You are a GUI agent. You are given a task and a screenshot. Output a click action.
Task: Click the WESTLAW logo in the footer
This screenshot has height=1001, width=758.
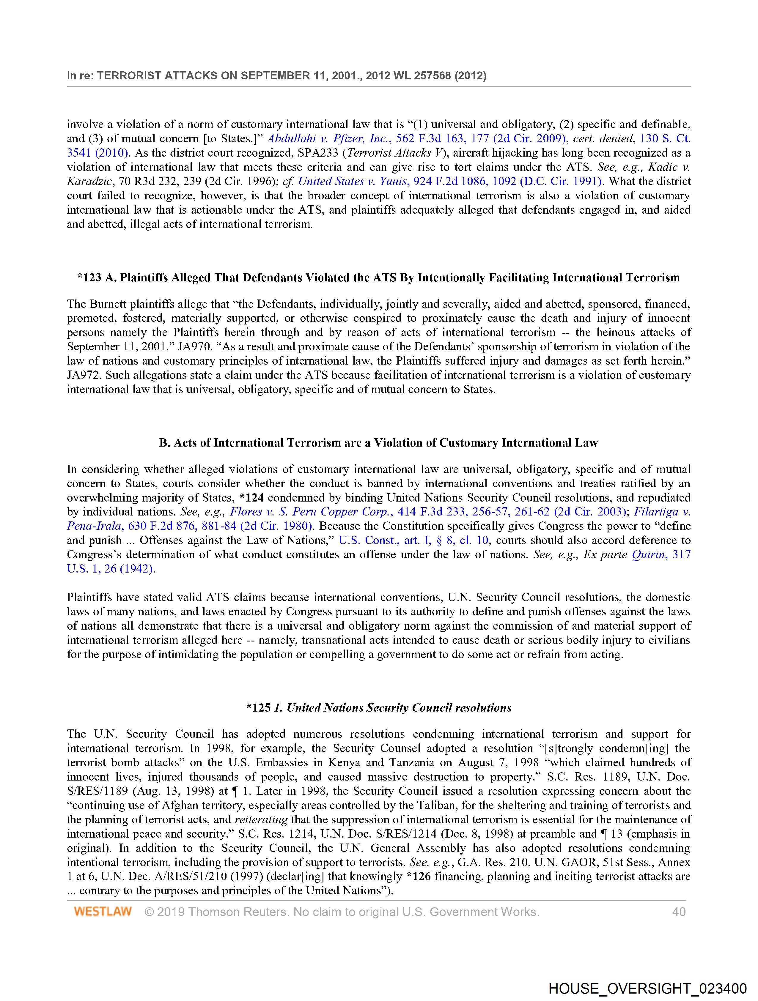103,911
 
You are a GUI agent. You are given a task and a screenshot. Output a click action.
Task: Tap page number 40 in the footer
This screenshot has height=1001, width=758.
679,911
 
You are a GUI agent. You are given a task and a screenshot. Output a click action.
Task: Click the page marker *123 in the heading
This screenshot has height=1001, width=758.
89,278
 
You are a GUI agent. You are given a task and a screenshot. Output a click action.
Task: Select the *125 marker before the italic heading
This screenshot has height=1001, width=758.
258,708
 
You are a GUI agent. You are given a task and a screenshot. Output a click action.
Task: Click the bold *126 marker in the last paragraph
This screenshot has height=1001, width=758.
419,877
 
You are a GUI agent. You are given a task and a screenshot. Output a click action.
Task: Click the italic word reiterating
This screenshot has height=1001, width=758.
261,819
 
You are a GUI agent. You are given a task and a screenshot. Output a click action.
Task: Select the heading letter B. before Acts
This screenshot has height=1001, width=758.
164,443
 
